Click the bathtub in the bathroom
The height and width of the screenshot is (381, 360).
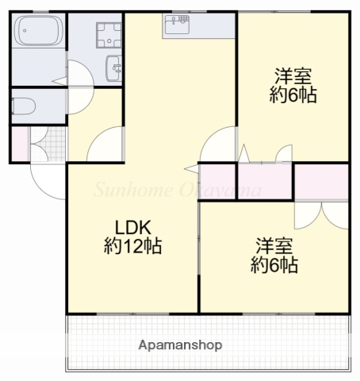point(38,35)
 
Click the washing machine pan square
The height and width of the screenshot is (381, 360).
point(105,35)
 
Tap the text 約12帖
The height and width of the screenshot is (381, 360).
point(132,246)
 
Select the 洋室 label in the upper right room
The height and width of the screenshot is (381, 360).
point(293,78)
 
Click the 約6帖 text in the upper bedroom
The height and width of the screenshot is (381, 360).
point(293,97)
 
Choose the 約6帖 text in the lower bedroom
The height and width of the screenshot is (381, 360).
point(274,265)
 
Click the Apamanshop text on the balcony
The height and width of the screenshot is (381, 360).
point(180,345)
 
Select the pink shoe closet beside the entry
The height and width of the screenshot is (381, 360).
point(19,143)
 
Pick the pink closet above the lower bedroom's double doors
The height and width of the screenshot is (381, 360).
point(321,181)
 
